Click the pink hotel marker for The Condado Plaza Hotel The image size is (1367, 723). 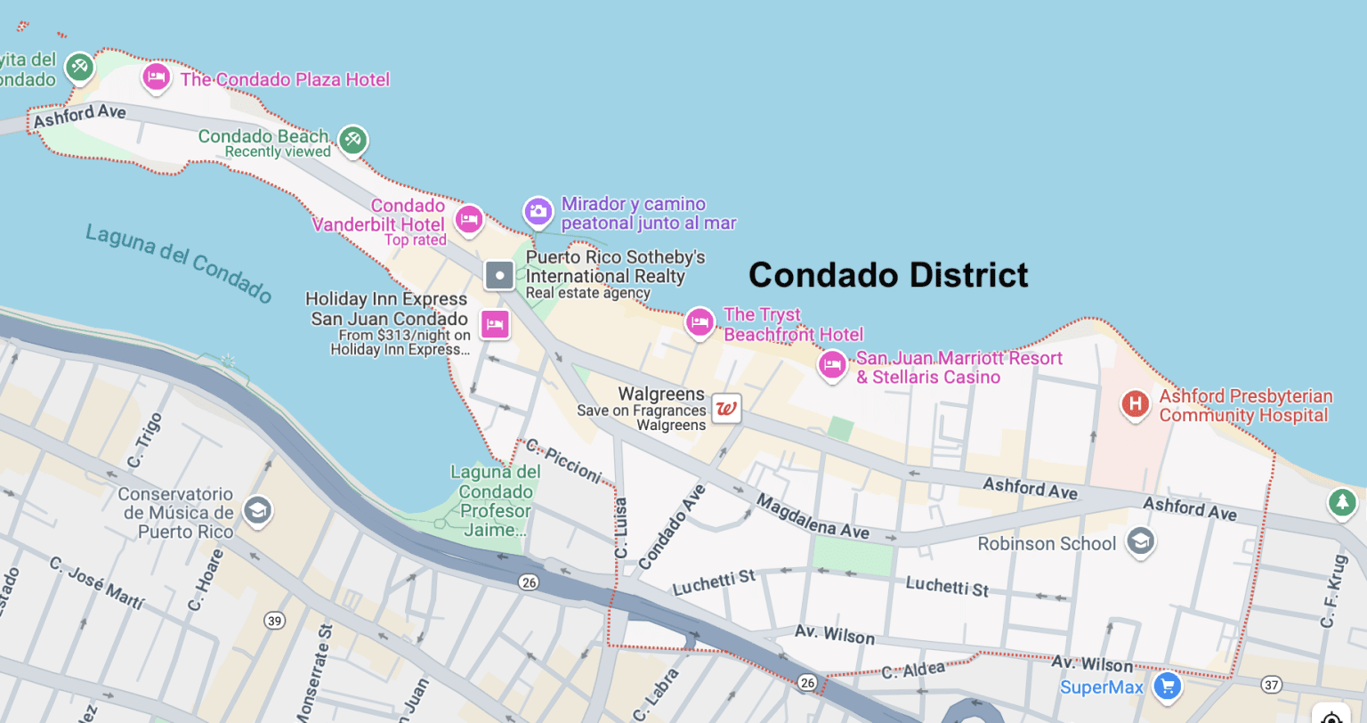tap(157, 77)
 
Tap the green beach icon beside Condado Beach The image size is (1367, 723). tap(353, 140)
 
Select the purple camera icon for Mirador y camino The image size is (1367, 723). tap(538, 212)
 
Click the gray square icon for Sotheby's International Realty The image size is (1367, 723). tap(499, 275)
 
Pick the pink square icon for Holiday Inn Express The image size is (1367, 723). tap(496, 324)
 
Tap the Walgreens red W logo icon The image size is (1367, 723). tap(726, 409)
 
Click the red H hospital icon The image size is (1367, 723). tap(1135, 404)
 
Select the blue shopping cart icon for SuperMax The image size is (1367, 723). tap(1167, 686)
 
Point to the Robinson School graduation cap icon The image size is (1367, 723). tap(1140, 541)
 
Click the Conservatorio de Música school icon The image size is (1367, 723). tap(257, 511)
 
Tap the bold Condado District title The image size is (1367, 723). tap(888, 275)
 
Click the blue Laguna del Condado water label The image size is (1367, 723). tap(179, 264)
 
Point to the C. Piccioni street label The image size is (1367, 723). tap(563, 460)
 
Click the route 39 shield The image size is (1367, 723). tap(274, 621)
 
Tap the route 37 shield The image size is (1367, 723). tap(1272, 685)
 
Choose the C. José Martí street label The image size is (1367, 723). tap(96, 583)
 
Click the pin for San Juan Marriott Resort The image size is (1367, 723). tap(832, 365)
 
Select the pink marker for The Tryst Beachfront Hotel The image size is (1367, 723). tap(700, 322)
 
